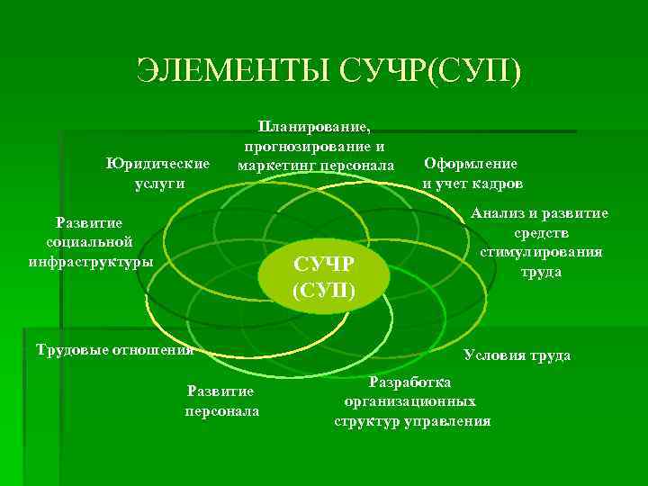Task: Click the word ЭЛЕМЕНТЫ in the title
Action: pos(229,71)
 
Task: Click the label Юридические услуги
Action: pos(157,173)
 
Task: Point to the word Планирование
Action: pos(314,127)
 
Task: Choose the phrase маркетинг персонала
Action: pos(315,166)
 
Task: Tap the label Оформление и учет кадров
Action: pos(472,173)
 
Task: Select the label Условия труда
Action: pos(517,355)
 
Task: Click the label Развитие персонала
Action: pos(221,400)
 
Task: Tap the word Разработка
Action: pos(410,382)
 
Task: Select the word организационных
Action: pos(410,401)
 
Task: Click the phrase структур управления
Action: pos(412,420)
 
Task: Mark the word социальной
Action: pos(89,241)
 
